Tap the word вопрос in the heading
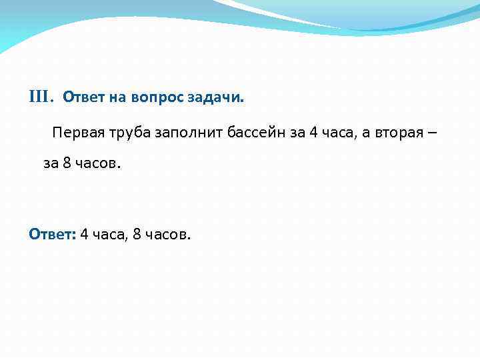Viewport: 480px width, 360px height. tap(144, 99)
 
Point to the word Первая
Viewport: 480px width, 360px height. tap(77, 131)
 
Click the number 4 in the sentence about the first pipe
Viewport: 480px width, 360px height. tap(313, 131)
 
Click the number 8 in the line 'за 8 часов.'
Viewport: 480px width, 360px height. tap(67, 163)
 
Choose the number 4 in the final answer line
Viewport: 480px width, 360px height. tap(84, 234)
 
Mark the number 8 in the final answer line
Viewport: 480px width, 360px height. tap(137, 234)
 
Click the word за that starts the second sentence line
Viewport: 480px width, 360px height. tap(51, 164)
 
